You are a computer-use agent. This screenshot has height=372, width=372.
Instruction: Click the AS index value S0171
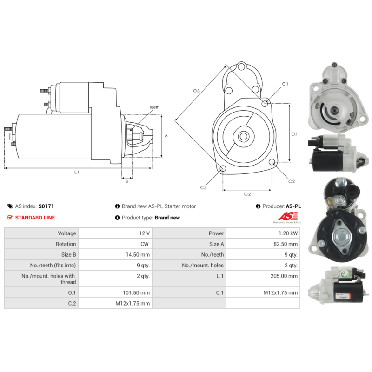[46, 206]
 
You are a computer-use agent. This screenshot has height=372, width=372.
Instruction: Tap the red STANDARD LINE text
[35, 218]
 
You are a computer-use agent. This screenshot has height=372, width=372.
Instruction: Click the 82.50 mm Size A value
[286, 244]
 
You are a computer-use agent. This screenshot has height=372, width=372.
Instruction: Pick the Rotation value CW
[145, 244]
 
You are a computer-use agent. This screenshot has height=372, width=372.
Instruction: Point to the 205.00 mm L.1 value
[284, 276]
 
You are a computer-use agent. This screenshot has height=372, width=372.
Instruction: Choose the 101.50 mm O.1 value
[136, 292]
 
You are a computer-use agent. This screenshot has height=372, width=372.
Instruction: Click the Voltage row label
[67, 233]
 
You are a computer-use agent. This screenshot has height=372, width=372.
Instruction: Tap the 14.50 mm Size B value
[138, 254]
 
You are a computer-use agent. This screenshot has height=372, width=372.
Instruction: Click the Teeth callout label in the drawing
[154, 107]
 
